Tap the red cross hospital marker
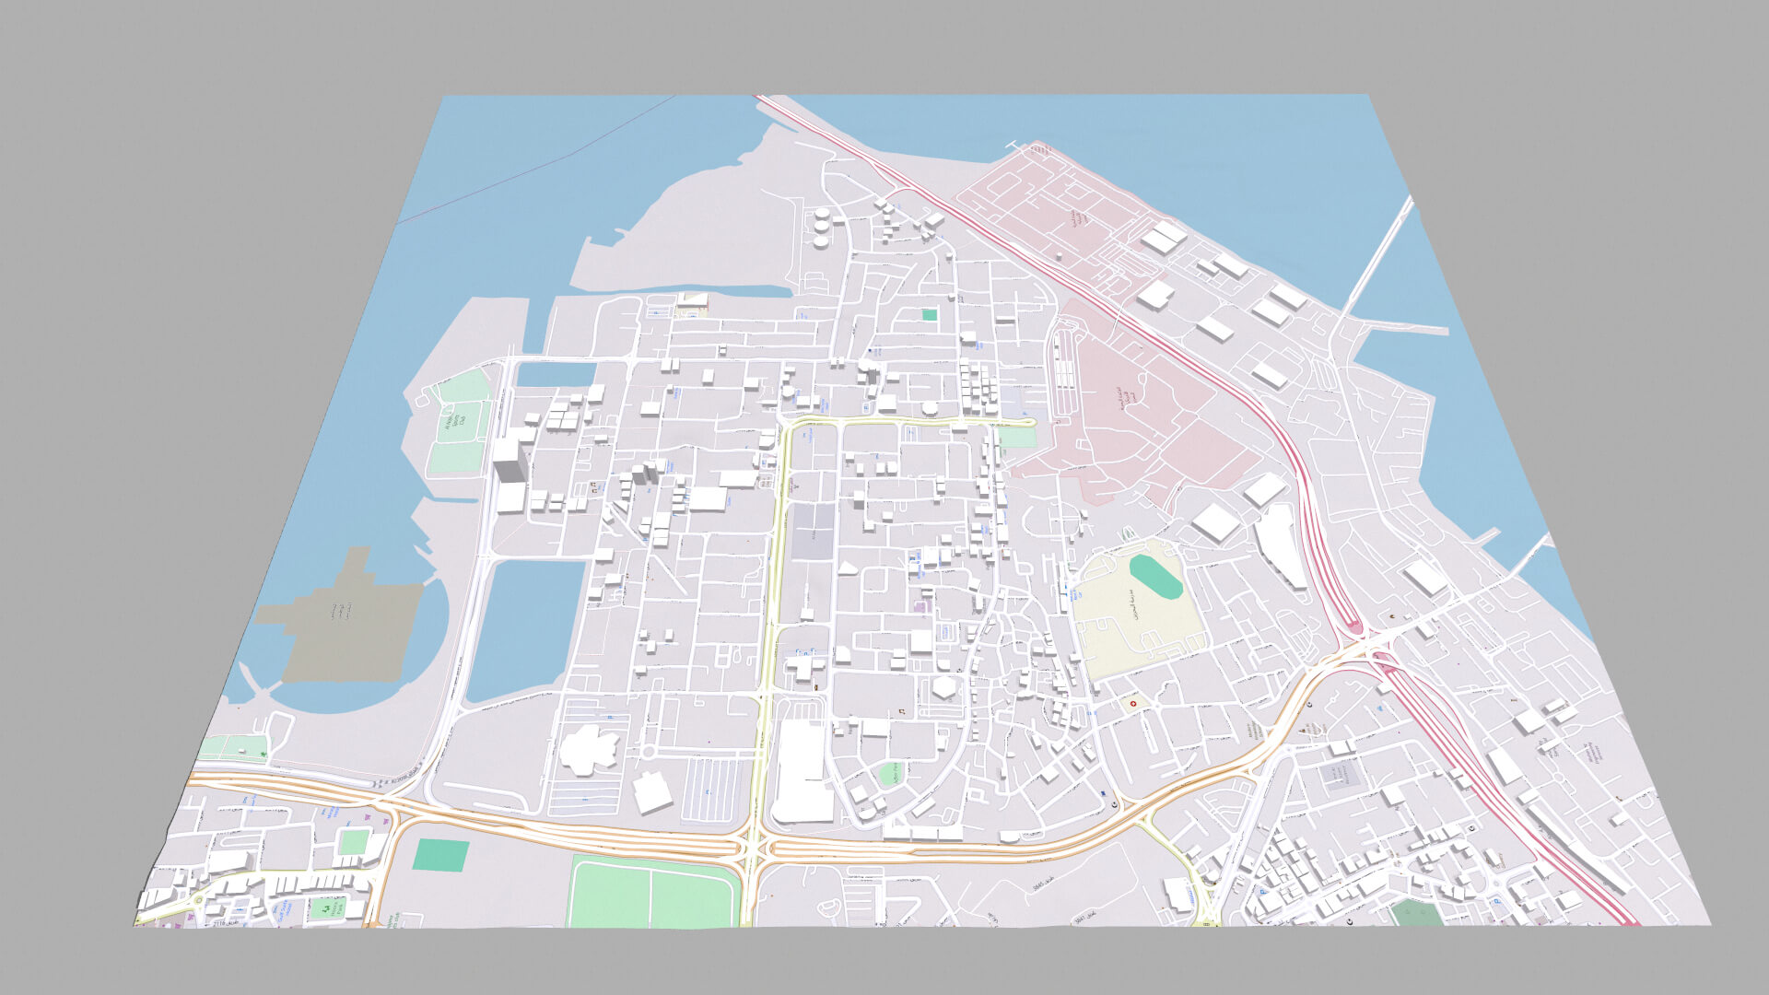click(1133, 705)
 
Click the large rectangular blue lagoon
click(525, 626)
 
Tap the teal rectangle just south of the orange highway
click(440, 855)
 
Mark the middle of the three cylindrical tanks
click(820, 226)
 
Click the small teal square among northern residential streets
click(929, 315)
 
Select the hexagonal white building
click(943, 687)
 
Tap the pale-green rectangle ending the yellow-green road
click(1017, 438)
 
